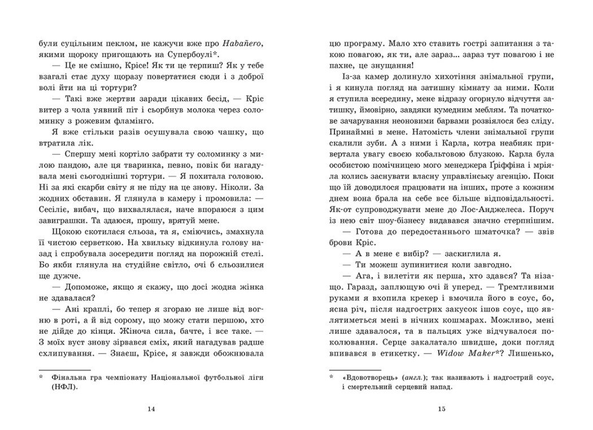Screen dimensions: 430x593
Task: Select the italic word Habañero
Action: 242,42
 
